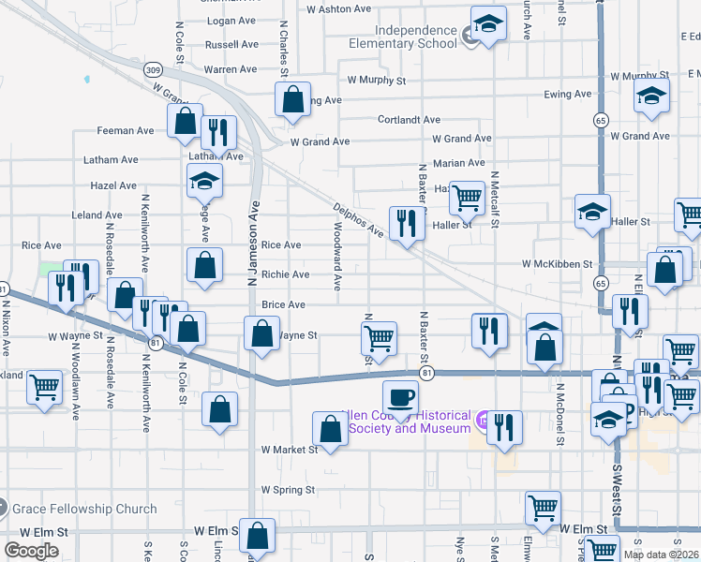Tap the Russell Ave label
(231, 44)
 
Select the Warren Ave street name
(231, 69)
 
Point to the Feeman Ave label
(126, 131)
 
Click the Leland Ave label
(97, 214)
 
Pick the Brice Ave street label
(284, 304)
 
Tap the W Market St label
(291, 450)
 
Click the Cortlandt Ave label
(409, 120)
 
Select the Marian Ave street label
(458, 163)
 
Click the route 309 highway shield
(154, 70)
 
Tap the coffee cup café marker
(400, 395)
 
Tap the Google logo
(31, 551)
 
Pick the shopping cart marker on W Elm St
(544, 507)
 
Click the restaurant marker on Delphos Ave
(406, 223)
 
